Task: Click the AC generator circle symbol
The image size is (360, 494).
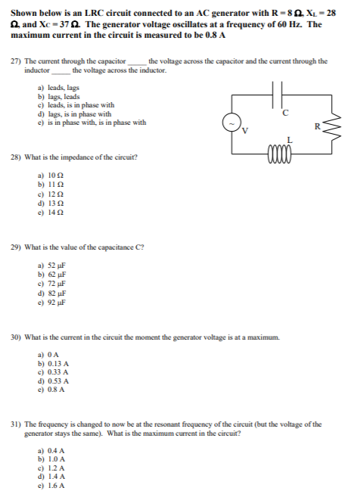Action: point(230,123)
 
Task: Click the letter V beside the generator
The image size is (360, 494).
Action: point(245,130)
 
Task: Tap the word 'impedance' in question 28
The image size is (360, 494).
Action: point(79,157)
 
